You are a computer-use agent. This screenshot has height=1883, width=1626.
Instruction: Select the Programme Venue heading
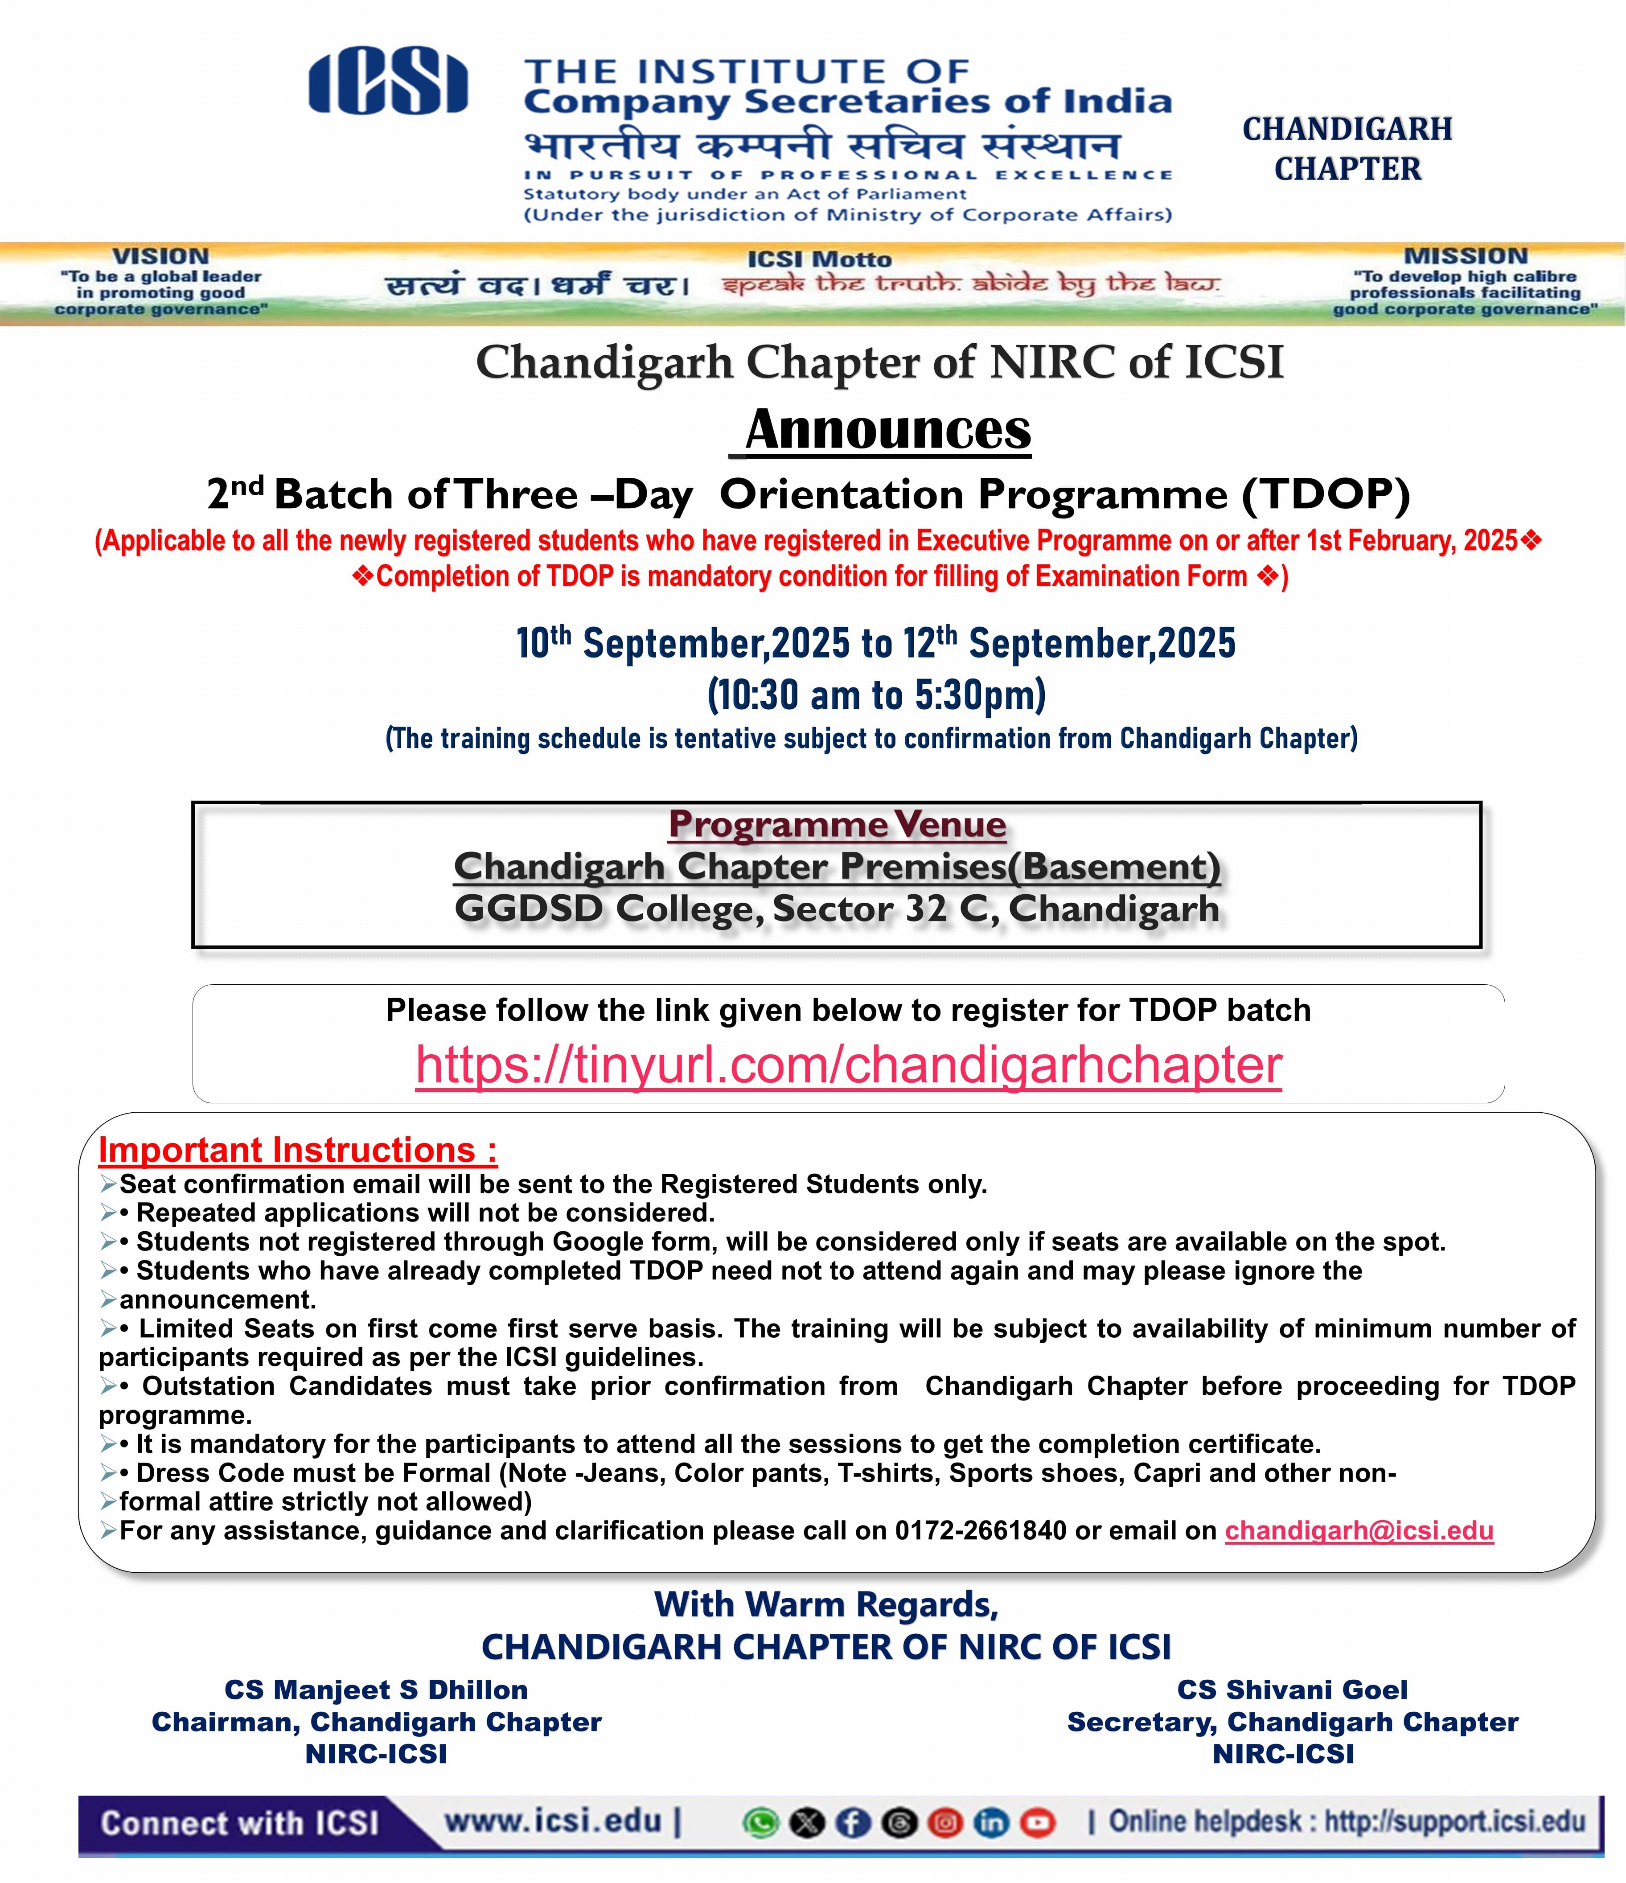point(837,824)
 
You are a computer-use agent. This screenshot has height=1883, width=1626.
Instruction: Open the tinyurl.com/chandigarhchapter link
point(848,1065)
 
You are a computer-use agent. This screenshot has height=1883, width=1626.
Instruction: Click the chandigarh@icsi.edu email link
point(1359,1530)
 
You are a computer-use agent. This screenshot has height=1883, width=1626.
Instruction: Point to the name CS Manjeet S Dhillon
point(376,1690)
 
